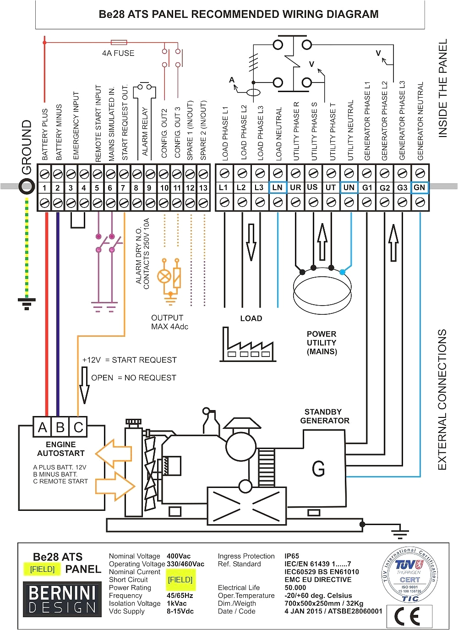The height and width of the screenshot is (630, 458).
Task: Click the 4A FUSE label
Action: (x=118, y=53)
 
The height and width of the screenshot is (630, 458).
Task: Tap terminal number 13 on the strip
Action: (x=203, y=188)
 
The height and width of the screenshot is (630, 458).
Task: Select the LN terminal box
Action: (x=278, y=187)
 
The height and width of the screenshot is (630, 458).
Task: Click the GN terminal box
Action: (x=420, y=187)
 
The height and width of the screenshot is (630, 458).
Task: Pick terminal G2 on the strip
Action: (x=385, y=187)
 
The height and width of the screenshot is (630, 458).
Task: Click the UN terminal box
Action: (x=349, y=187)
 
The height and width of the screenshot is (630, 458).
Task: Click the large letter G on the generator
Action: (x=318, y=469)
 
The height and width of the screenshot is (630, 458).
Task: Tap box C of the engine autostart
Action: (x=78, y=427)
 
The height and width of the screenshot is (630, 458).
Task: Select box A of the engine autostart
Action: (x=43, y=427)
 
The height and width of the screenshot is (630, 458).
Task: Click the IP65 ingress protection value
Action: (x=292, y=556)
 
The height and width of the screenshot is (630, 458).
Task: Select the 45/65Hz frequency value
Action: (x=180, y=596)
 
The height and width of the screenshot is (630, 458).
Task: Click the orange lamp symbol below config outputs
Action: (x=164, y=276)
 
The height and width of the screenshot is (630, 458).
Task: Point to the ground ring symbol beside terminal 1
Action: (x=27, y=186)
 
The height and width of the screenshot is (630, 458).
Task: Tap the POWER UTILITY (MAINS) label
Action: (x=322, y=343)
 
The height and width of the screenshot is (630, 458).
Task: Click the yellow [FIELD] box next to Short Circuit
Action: (x=180, y=580)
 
